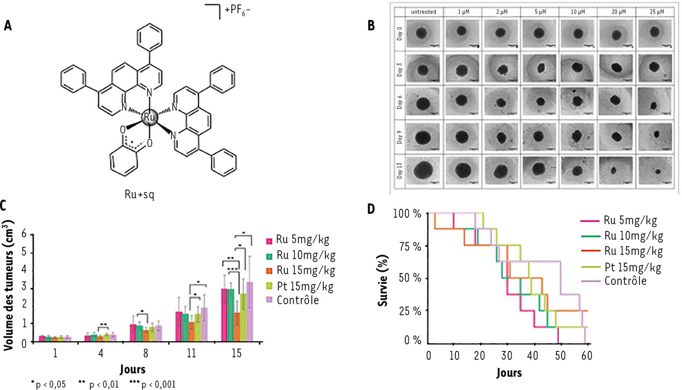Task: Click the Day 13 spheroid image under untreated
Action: coord(423,169)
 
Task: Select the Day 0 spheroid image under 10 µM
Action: coord(577,32)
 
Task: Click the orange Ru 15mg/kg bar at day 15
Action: coord(236,326)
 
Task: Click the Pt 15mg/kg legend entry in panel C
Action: coord(299,284)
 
